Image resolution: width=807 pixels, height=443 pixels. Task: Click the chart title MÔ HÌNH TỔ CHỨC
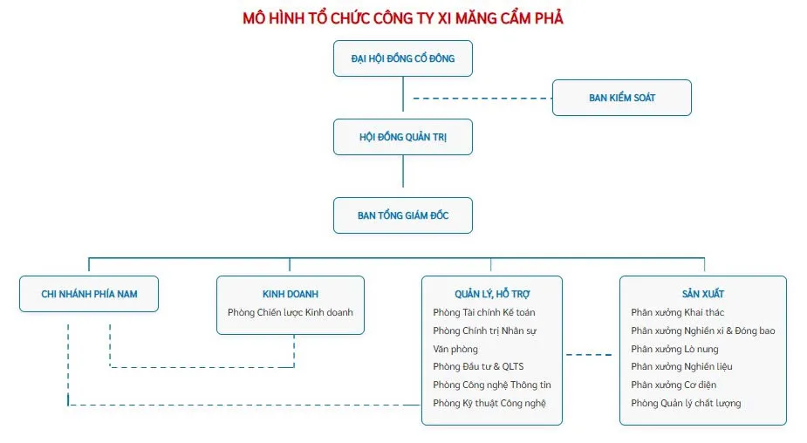click(x=403, y=17)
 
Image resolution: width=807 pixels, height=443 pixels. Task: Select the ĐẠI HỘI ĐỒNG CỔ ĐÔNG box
click(x=403, y=58)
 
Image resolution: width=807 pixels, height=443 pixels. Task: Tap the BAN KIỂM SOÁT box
click(x=622, y=98)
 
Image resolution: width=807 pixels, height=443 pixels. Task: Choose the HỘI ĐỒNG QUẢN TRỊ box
click(x=403, y=138)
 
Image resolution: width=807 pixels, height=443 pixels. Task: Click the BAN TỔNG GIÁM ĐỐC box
click(x=403, y=215)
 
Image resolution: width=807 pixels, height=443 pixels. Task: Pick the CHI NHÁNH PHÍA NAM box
click(x=89, y=294)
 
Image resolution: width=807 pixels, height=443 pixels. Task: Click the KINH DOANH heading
click(x=291, y=294)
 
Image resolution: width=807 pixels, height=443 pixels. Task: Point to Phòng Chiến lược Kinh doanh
click(x=291, y=312)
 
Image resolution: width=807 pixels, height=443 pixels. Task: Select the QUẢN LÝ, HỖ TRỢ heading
click(x=492, y=294)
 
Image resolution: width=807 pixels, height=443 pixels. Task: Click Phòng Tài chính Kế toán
click(x=484, y=312)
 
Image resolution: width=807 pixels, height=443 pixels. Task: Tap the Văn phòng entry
click(x=455, y=349)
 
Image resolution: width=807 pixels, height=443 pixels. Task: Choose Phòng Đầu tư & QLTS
click(x=478, y=366)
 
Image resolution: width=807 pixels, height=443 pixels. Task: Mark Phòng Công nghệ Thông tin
click(x=492, y=385)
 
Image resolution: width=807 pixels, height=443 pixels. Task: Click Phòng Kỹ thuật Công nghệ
click(x=490, y=403)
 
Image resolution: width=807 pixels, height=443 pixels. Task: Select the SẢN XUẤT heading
click(x=703, y=294)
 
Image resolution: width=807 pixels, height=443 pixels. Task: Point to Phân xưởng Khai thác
click(x=678, y=312)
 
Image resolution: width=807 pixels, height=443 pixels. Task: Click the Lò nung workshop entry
click(x=674, y=349)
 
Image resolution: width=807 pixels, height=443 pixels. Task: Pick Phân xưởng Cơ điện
click(x=674, y=385)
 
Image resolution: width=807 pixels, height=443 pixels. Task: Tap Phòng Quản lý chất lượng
click(x=686, y=403)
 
